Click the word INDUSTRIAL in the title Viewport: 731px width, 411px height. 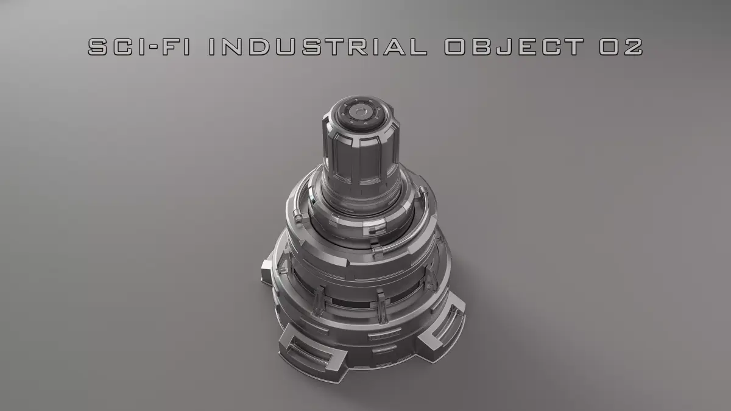pyautogui.click(x=317, y=47)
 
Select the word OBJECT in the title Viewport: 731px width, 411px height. pyautogui.click(x=512, y=47)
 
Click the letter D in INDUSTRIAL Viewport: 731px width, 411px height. pyautogui.click(x=265, y=47)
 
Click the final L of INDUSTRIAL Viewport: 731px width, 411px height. pyautogui.click(x=417, y=47)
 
